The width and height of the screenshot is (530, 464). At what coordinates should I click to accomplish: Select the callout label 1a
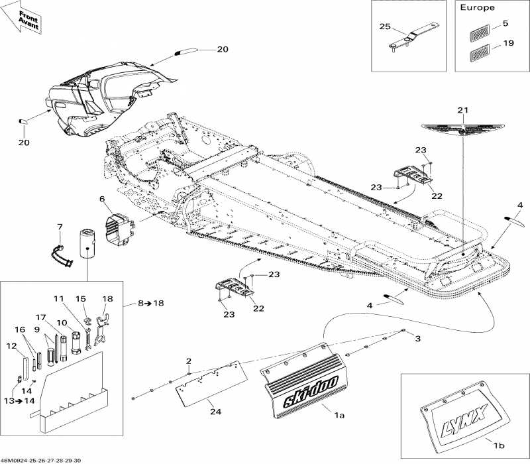click(x=339, y=415)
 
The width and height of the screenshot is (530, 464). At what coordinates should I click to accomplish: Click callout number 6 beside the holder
click(x=102, y=199)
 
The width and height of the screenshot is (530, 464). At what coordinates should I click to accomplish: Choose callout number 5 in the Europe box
click(x=505, y=25)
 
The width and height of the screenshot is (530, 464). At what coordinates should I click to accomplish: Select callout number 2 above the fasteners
click(x=189, y=361)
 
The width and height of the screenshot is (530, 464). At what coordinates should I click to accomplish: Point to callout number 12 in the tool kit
click(x=12, y=345)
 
